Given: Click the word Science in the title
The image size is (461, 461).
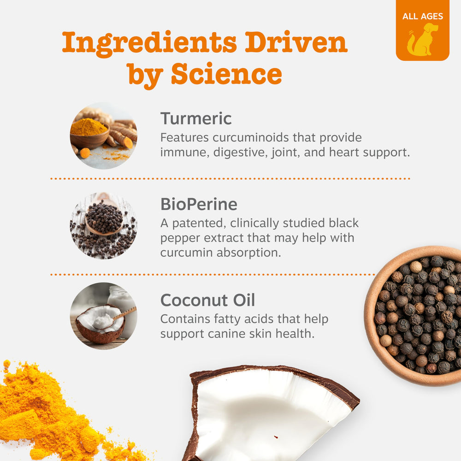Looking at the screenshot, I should point(226,74).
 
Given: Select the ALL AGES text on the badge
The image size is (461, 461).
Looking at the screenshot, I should point(422,17).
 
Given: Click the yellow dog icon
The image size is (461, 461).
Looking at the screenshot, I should point(422,40).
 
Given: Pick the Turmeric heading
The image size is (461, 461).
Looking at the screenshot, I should point(196,119).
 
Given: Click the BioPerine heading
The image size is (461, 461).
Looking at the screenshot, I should point(199,204).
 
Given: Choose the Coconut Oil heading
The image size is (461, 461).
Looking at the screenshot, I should point(207,301).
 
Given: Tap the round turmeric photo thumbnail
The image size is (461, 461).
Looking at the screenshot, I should point(103,136).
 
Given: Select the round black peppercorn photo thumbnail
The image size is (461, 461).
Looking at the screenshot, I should point(103,225).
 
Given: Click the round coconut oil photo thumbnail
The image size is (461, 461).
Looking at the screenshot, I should point(103,316).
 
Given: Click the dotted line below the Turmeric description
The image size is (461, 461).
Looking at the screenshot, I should point(230,178).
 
